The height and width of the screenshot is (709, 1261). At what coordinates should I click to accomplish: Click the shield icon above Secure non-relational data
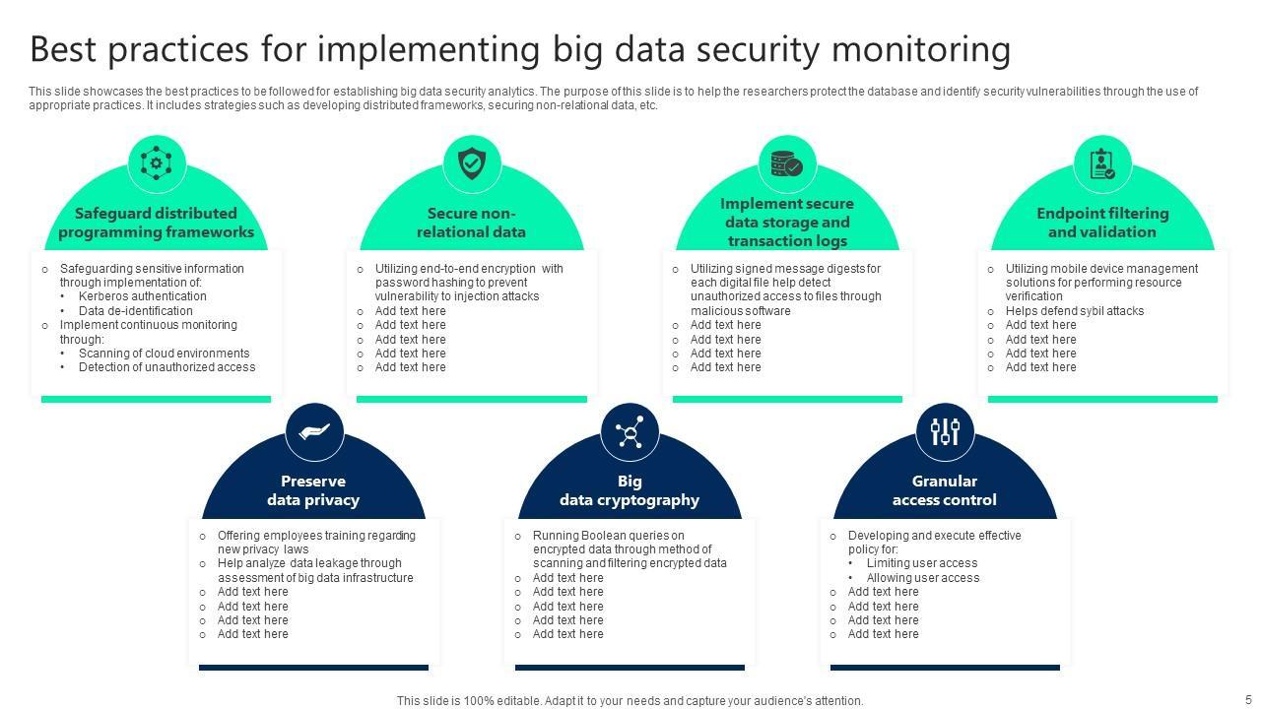tap(472, 162)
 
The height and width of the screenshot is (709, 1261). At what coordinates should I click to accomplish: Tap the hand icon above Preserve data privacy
tap(314, 431)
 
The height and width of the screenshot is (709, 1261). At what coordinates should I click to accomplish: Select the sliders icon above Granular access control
tap(945, 431)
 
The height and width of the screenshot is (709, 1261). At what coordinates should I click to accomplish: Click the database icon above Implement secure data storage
tap(787, 163)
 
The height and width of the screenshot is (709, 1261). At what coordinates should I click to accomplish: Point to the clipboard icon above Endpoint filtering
tap(1102, 163)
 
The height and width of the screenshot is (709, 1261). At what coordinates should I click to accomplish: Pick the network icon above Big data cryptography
tap(630, 431)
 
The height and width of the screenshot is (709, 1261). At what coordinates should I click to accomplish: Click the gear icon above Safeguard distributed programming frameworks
tap(157, 162)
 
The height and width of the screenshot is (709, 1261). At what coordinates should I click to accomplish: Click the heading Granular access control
tap(944, 490)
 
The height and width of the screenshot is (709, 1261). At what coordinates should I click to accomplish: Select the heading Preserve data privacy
tap(313, 490)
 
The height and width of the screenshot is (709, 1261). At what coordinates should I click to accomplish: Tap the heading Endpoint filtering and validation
tap(1102, 223)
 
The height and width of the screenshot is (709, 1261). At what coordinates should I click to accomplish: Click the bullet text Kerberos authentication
tap(142, 296)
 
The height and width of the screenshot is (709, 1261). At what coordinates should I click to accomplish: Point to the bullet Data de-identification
tap(136, 311)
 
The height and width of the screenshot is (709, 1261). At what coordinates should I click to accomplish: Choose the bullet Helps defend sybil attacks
tap(1074, 311)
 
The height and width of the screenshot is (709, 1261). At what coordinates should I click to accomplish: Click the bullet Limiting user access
tap(921, 563)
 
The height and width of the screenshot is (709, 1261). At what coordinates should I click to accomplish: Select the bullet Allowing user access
tap(922, 578)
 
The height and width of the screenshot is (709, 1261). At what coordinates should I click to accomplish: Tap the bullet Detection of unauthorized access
tap(166, 367)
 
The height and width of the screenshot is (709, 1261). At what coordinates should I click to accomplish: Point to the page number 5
tap(1248, 700)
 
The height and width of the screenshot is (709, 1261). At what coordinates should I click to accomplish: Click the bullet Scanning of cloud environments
tap(164, 354)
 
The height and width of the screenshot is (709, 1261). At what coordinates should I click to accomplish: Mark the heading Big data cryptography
tap(630, 490)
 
